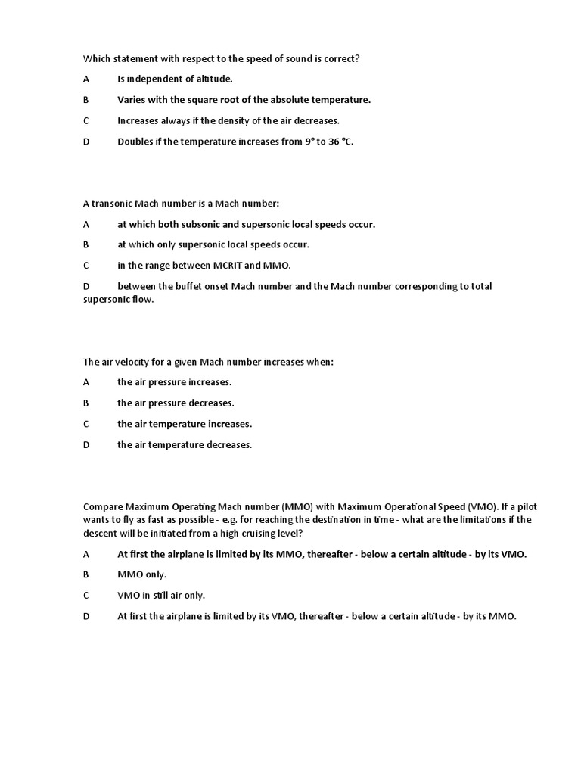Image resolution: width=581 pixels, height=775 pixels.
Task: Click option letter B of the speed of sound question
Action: [x=85, y=100]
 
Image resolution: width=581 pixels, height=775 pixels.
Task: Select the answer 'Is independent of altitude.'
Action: [x=175, y=79]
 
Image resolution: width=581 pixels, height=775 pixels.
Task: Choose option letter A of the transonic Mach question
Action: [x=85, y=224]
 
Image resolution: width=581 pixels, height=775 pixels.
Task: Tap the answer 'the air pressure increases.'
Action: [x=174, y=382]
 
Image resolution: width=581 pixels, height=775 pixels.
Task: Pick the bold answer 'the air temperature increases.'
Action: [x=185, y=424]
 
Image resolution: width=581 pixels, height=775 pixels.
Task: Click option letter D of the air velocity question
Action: [x=85, y=445]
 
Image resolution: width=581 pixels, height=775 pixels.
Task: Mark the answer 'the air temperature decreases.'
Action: [x=185, y=445]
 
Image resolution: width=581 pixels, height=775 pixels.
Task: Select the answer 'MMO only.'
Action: [x=141, y=574]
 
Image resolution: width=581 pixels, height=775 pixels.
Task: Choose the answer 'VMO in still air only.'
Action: [x=161, y=596]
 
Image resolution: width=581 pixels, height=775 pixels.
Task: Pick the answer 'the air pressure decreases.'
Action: [x=176, y=403]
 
